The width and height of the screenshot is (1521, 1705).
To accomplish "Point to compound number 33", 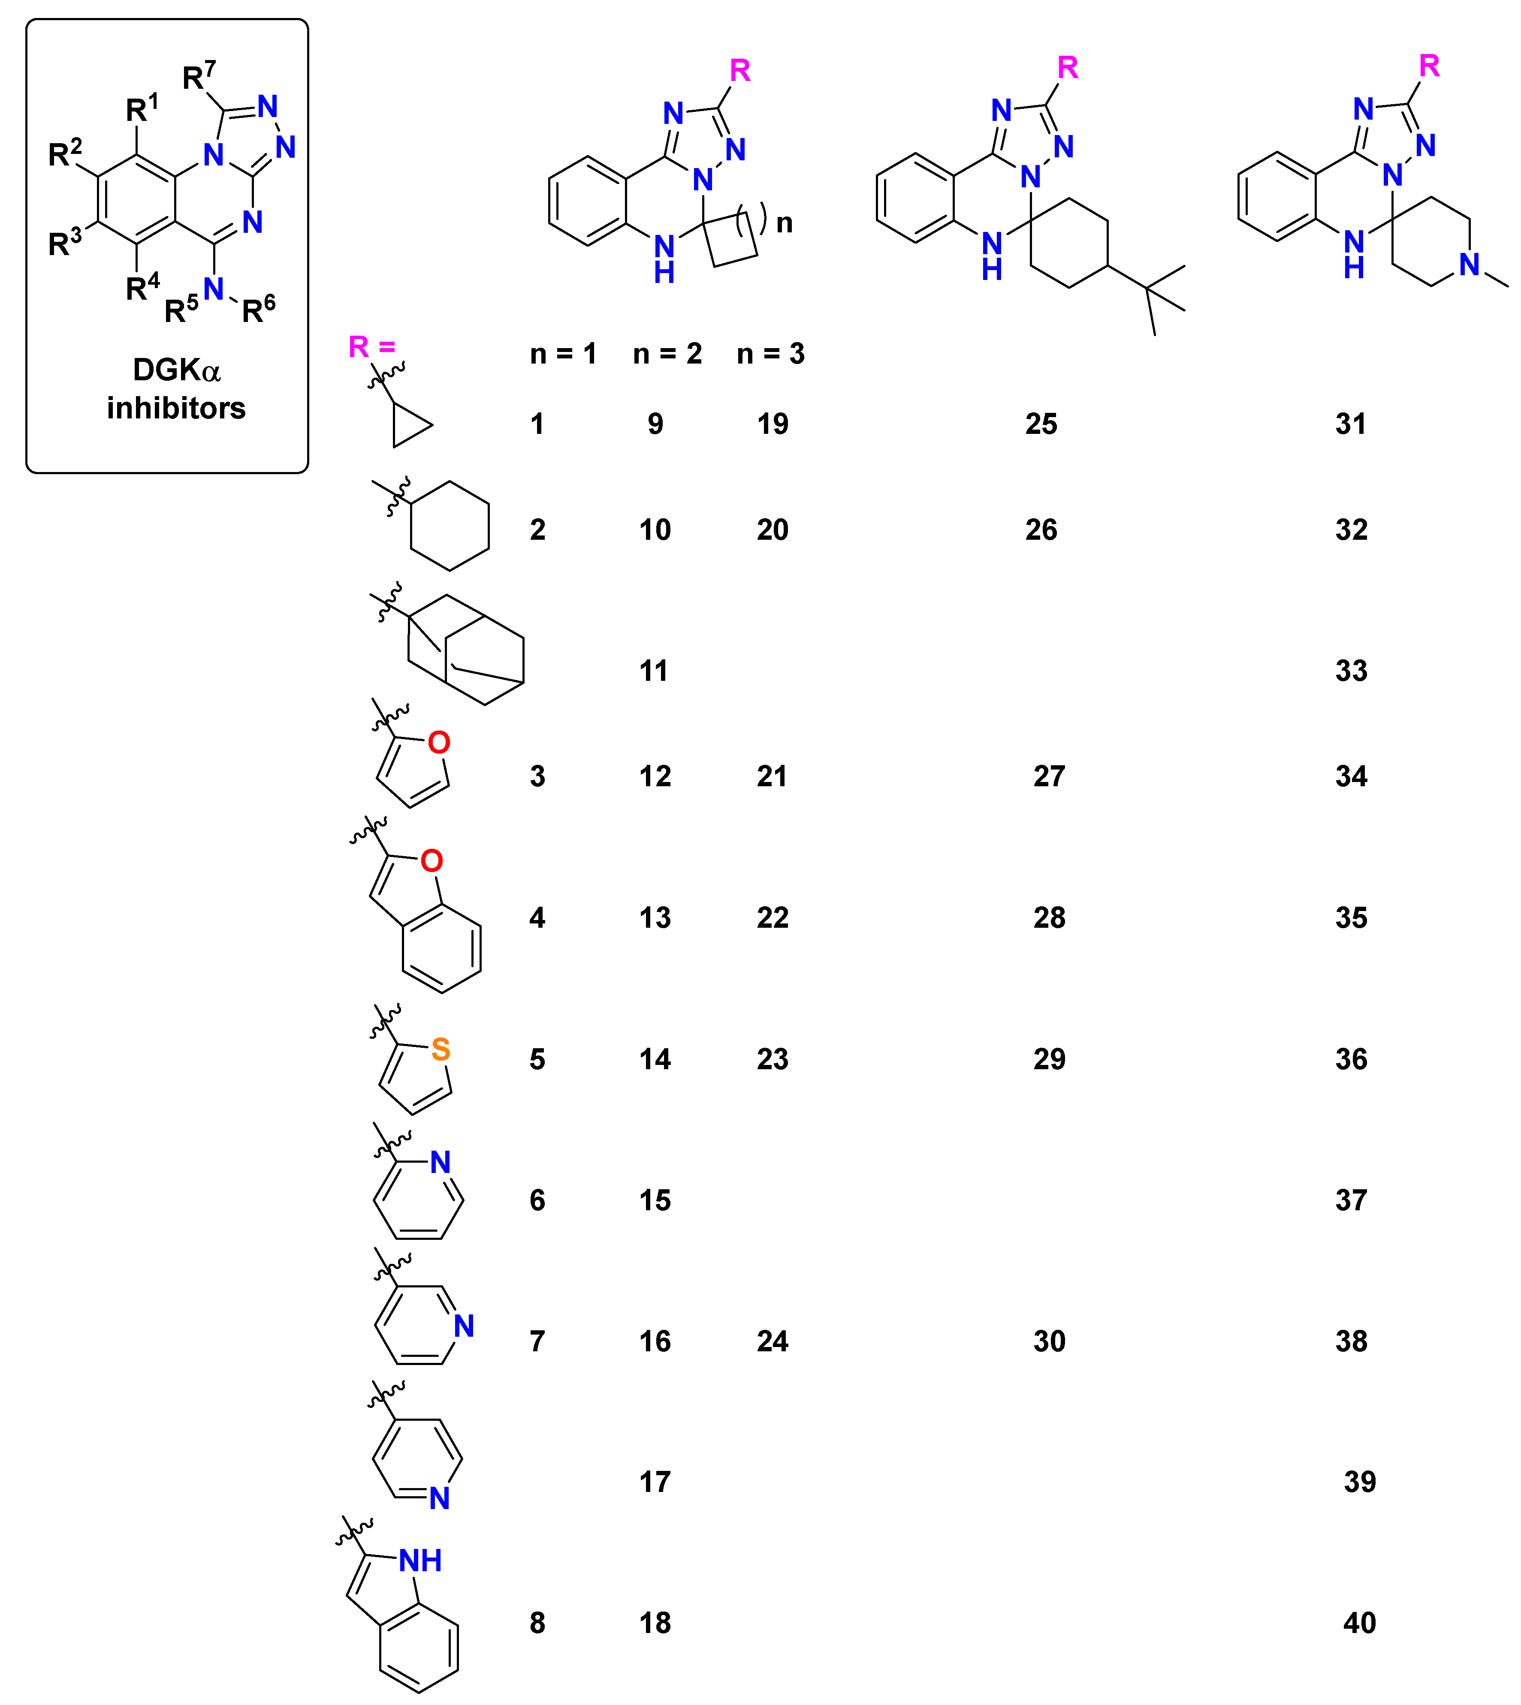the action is click(1351, 671).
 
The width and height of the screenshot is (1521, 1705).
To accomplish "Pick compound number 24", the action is click(772, 1341).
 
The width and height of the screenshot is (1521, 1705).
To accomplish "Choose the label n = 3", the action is click(770, 354).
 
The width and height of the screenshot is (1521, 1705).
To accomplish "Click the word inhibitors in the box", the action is click(176, 409).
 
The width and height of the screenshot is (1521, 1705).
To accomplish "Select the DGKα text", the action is click(176, 370).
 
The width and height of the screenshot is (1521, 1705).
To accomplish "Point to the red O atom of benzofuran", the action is click(431, 860).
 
